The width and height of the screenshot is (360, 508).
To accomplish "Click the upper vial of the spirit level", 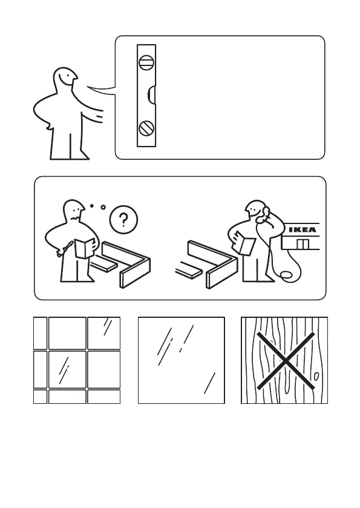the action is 146,62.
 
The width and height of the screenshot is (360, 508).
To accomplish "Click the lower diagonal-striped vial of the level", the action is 146,128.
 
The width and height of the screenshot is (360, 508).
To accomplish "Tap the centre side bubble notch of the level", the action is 152,96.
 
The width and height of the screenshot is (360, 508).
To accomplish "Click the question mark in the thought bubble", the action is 123,220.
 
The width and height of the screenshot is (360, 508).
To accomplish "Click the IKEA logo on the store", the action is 302,229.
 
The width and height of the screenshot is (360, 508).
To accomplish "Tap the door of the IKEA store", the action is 303,244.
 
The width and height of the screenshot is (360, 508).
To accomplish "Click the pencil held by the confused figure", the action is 67,247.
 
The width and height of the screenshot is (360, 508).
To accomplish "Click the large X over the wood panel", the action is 286,360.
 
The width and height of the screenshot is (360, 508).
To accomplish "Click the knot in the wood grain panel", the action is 316,376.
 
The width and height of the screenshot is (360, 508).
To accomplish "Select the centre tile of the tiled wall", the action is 67,369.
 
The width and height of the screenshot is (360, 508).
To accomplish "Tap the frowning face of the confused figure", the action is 76,212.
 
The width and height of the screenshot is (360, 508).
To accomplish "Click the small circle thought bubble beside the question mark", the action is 103,207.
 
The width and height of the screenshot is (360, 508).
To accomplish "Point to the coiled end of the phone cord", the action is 286,275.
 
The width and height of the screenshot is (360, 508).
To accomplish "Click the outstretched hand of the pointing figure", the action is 99,116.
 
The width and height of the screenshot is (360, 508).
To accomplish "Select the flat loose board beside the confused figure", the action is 103,265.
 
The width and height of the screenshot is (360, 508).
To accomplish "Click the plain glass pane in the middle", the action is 182,360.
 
